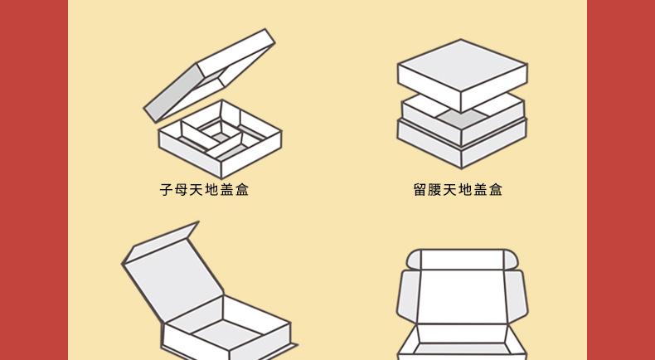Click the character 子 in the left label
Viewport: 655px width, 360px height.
166,190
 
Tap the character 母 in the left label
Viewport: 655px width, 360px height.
181,190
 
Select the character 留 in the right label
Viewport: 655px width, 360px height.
420,190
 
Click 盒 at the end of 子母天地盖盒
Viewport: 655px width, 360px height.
241,190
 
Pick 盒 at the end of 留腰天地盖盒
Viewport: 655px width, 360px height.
495,190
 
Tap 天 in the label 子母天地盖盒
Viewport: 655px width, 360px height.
196,190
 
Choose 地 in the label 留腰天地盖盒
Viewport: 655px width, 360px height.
465,190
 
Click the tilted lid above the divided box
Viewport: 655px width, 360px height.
207,75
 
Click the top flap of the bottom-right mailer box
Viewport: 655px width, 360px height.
462,259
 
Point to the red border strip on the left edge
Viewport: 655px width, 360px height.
33,180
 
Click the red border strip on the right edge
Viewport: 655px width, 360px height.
621,180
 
